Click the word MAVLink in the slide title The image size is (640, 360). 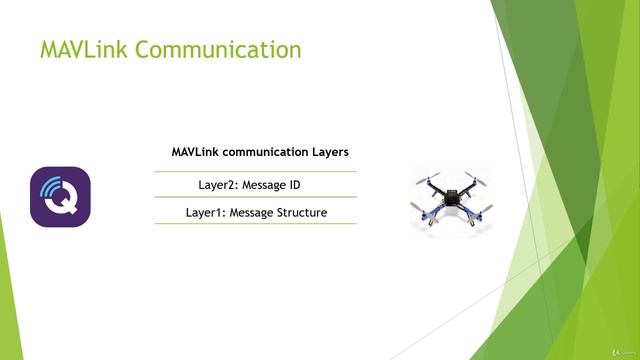click(83, 50)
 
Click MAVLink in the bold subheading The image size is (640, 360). click(196, 152)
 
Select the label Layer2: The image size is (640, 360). click(220, 185)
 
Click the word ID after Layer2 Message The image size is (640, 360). click(294, 185)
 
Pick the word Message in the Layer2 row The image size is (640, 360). click(264, 185)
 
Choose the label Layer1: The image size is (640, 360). click(205, 212)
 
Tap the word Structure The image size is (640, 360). click(301, 212)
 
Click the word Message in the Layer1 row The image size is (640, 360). click(250, 212)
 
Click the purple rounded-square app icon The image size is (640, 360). click(60, 197)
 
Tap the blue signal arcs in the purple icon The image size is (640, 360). click(49, 185)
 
